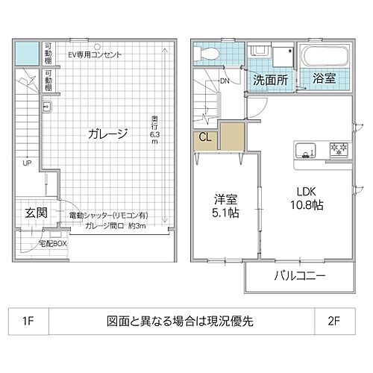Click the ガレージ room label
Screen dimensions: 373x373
[107, 134]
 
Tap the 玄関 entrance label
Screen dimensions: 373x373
[35, 212]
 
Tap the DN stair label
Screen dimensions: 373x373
[225, 81]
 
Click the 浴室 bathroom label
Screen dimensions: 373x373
[324, 78]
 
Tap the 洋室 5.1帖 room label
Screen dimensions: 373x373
[224, 206]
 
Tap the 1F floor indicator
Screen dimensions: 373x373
[28, 322]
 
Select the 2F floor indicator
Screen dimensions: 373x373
[333, 322]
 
